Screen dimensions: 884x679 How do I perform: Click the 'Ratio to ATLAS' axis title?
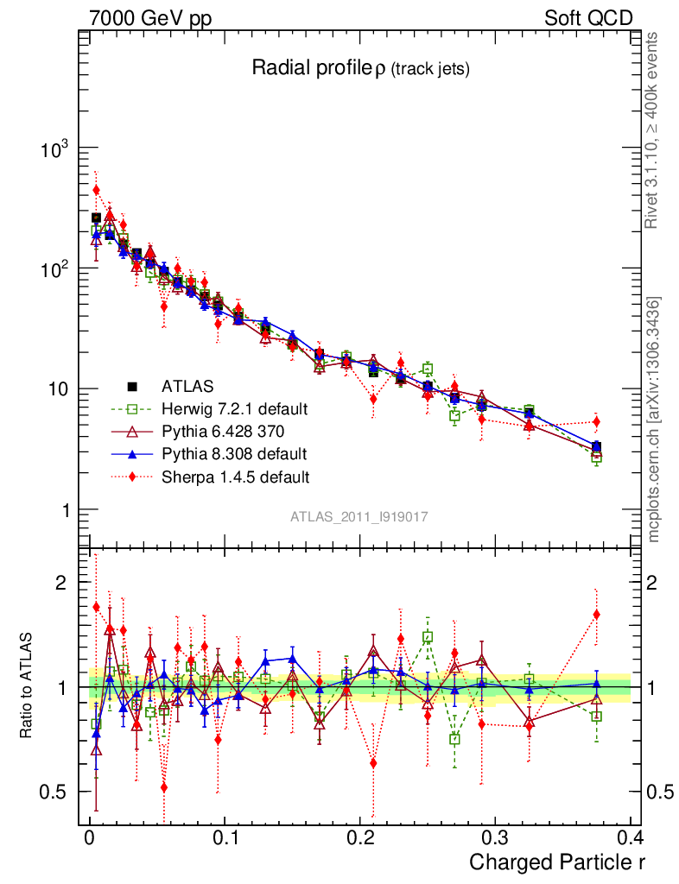coord(27,685)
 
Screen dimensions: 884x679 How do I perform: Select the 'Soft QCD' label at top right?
coord(587,18)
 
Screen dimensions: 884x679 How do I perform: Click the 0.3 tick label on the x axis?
coord(495,837)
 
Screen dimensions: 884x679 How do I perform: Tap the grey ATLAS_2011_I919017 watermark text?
coord(359,516)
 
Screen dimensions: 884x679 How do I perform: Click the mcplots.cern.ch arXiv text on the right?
coord(654,419)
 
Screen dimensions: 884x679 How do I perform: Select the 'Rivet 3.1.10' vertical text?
coord(654,129)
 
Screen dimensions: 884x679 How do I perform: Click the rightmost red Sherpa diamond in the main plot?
coord(596,422)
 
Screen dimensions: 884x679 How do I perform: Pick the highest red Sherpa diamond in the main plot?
coord(96,190)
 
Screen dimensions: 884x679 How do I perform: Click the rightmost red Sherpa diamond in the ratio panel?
coord(596,615)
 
